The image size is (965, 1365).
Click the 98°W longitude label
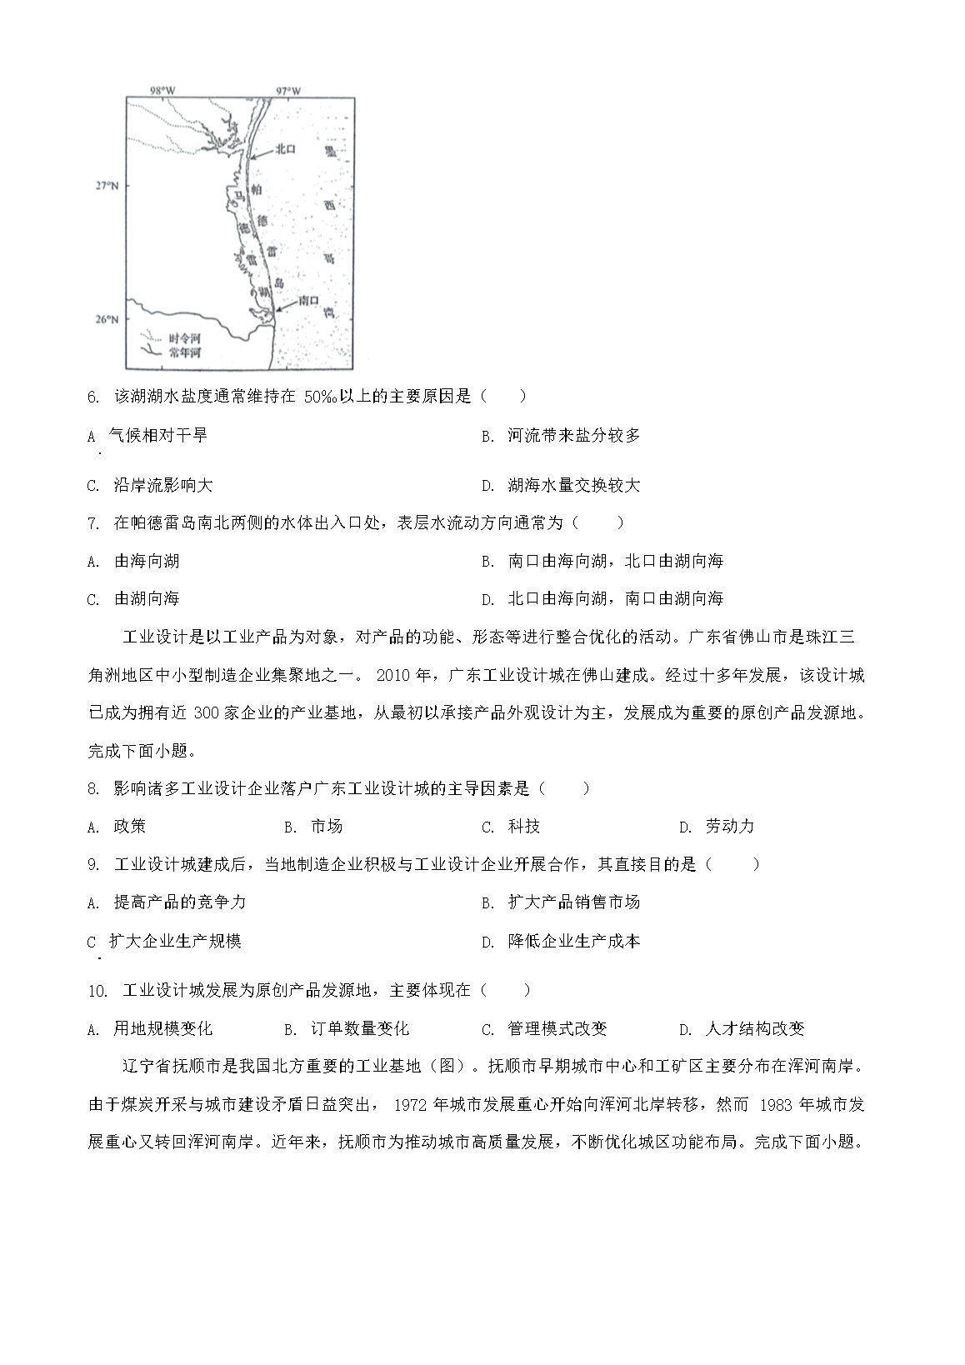pyautogui.click(x=162, y=89)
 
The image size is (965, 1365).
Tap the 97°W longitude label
pyautogui.click(x=288, y=89)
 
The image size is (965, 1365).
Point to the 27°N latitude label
pyautogui.click(x=106, y=185)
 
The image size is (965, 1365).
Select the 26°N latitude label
pyautogui.click(x=106, y=319)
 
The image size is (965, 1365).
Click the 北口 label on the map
pyautogui.click(x=286, y=149)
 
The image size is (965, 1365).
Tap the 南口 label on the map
pyautogui.click(x=308, y=299)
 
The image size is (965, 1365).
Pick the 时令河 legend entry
pyautogui.click(x=183, y=339)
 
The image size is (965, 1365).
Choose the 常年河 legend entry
pyautogui.click(x=183, y=352)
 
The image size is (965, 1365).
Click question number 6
pyautogui.click(x=94, y=397)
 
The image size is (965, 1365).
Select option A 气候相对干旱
pyautogui.click(x=157, y=435)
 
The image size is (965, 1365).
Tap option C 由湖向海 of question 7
pyautogui.click(x=146, y=598)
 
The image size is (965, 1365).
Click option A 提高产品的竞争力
pyautogui.click(x=178, y=902)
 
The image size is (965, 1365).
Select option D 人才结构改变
pyautogui.click(x=753, y=1029)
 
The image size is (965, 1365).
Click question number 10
pyautogui.click(x=97, y=991)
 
